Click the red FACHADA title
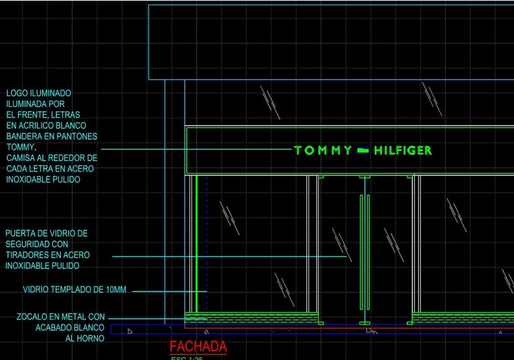198,347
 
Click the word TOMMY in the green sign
323,151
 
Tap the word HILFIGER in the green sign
403,151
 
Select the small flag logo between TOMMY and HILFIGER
363,151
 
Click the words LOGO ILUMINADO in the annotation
38,93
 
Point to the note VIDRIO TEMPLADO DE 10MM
74,290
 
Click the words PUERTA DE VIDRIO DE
46,234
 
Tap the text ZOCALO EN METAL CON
61,317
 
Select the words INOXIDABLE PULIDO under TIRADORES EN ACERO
42,266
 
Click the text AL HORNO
84,339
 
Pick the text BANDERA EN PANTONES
52,136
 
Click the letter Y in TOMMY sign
347,151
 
